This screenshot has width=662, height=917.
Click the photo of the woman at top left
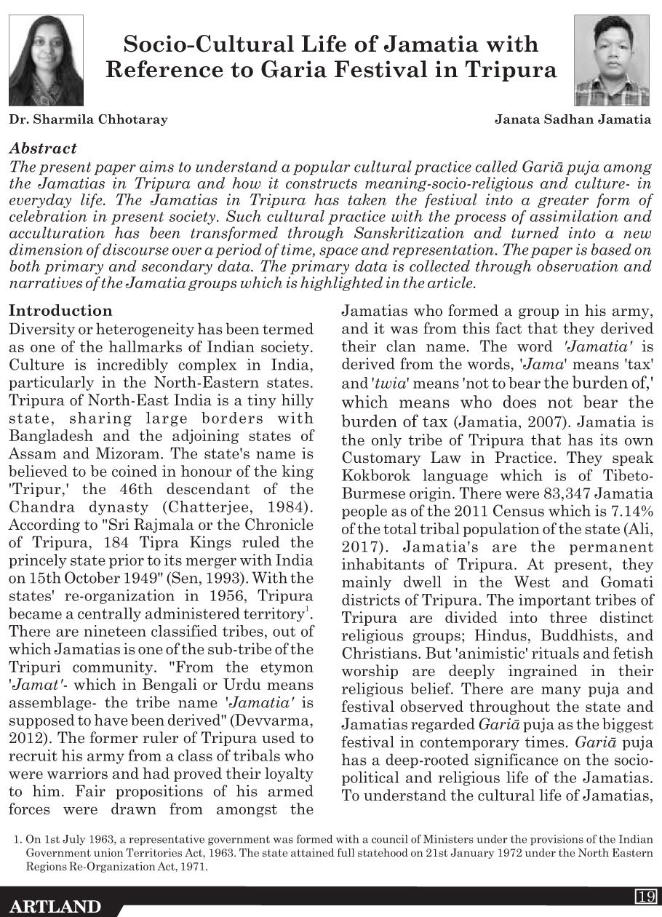point(46,60)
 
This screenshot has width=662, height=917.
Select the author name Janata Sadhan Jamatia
point(573,119)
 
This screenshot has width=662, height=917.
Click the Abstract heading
point(43,148)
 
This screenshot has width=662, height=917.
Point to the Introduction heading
point(60,311)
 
